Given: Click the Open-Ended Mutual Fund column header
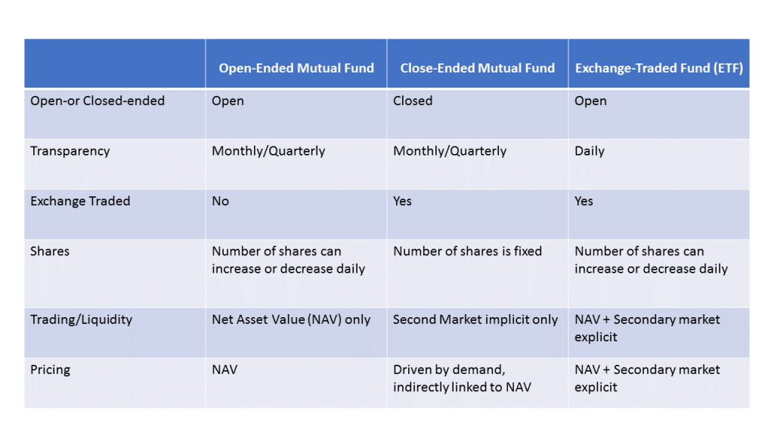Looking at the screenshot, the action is [296, 68].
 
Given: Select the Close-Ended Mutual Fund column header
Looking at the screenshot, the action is [478, 68].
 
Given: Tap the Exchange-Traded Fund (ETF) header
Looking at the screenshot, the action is [659, 68].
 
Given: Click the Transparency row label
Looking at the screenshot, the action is [70, 151].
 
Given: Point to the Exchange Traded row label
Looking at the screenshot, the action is [80, 201].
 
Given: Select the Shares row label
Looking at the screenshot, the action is [50, 251].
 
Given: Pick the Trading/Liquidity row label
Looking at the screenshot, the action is [82, 320].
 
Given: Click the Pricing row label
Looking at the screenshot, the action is [51, 370].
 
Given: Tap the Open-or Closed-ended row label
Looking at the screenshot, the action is [98, 100].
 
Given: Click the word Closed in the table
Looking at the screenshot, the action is [413, 100].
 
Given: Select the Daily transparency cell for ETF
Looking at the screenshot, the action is [590, 151].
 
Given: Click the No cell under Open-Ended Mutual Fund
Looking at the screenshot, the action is [220, 201].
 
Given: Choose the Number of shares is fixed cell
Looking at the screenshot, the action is [467, 251].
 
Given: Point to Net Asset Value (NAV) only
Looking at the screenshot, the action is [291, 319].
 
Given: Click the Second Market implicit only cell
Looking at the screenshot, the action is [475, 319].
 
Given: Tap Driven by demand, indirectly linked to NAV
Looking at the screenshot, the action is [462, 378].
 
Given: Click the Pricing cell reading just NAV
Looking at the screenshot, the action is [224, 370].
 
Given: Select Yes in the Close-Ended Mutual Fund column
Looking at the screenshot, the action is [402, 201].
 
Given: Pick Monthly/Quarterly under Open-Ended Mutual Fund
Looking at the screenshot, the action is [268, 151].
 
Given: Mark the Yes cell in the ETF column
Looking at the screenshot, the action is [584, 201].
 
